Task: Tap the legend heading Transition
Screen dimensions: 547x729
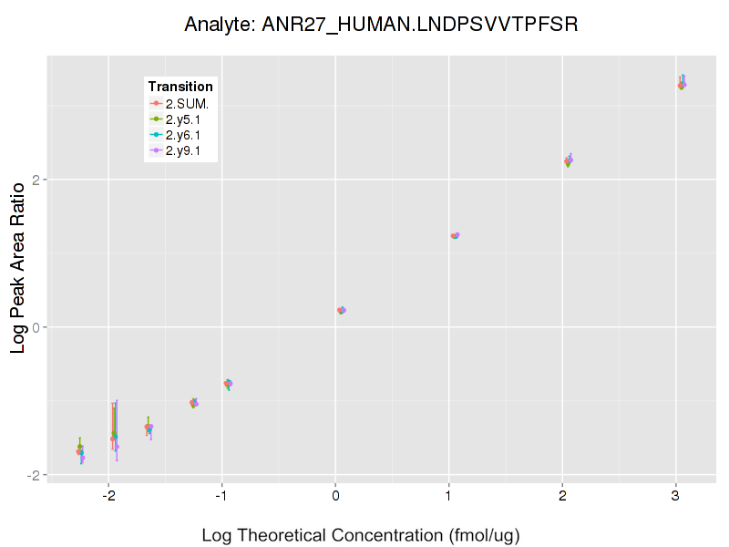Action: coord(180,87)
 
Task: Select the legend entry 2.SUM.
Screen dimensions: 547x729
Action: coord(188,103)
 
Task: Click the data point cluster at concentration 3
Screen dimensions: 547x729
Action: coord(682,84)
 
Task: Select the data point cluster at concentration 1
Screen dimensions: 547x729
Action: coord(455,235)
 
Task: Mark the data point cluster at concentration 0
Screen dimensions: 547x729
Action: coord(341,310)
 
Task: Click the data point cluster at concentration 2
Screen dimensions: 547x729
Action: coord(569,160)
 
